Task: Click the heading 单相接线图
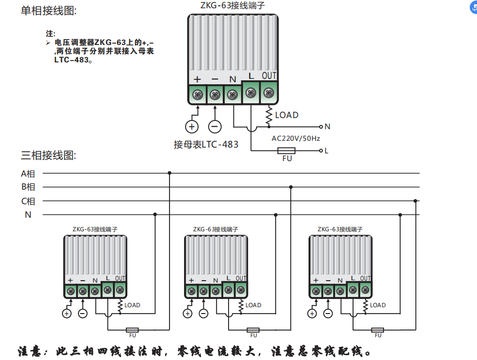(x=48, y=11)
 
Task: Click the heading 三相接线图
(x=48, y=155)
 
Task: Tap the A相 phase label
(x=28, y=173)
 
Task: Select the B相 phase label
(x=28, y=187)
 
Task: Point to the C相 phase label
(x=28, y=201)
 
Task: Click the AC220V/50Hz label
(x=295, y=138)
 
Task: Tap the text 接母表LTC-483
(x=206, y=144)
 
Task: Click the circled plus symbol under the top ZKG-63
(x=192, y=127)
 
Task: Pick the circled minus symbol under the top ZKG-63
(x=215, y=127)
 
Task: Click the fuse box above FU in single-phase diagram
(x=287, y=151)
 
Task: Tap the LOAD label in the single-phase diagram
(x=287, y=115)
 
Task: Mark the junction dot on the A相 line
(x=169, y=173)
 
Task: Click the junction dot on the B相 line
(x=291, y=187)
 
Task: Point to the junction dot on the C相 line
(x=415, y=200)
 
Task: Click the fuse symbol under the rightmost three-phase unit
(x=378, y=330)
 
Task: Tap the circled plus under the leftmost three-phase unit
(x=66, y=314)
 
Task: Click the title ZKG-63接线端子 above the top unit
(x=232, y=6)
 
